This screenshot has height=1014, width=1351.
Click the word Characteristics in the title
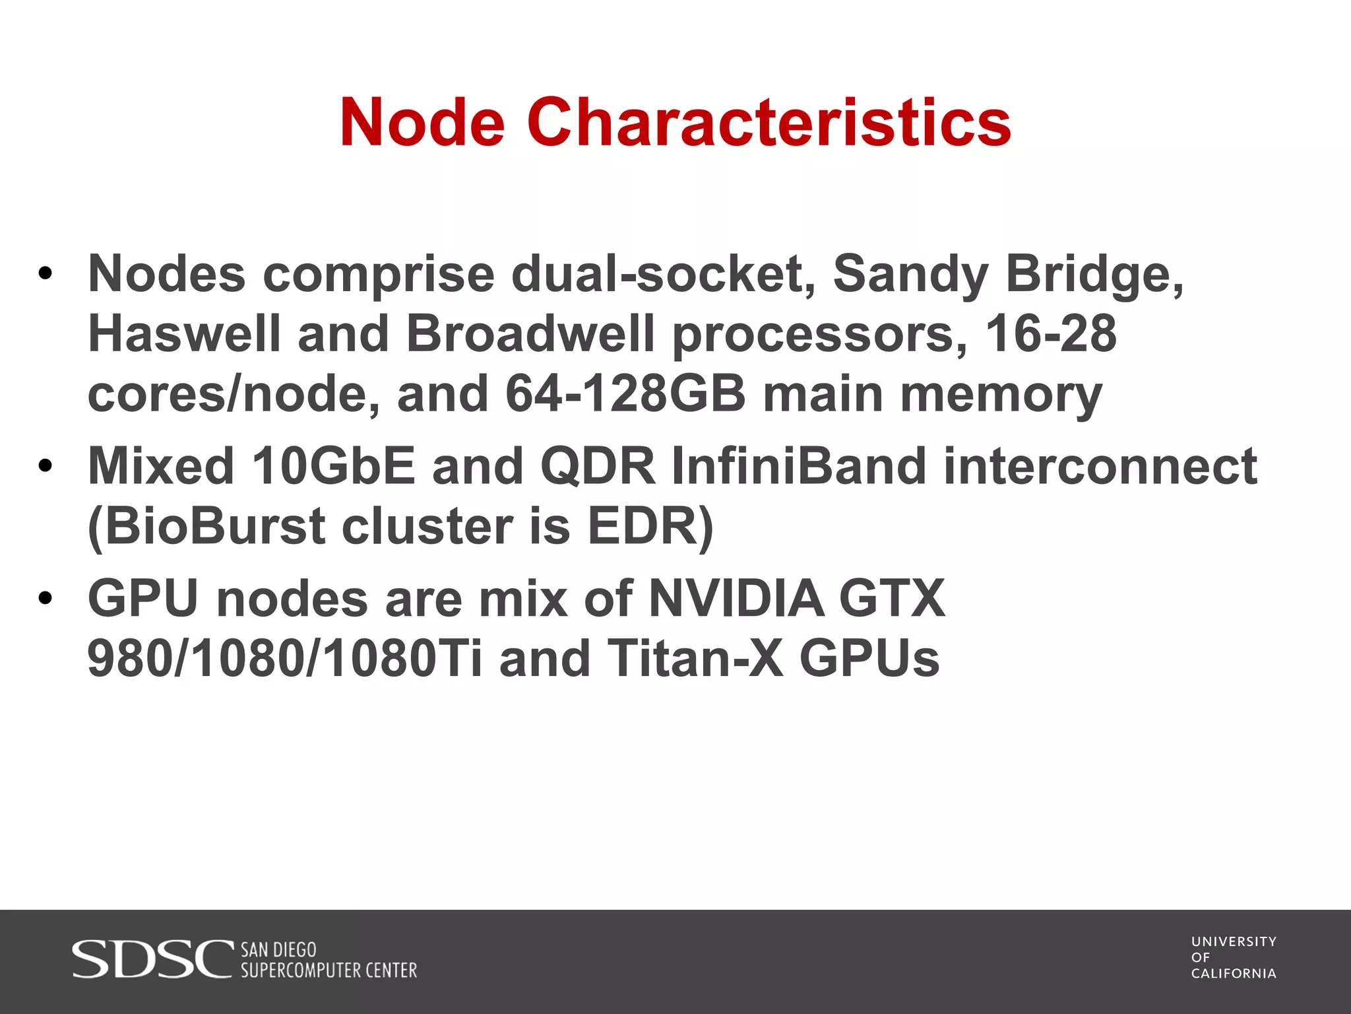coord(769,123)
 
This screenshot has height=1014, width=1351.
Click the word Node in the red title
coord(423,123)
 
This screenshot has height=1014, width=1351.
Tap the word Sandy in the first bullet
coord(910,273)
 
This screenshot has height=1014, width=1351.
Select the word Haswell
coord(185,333)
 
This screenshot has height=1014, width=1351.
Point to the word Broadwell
coord(530,333)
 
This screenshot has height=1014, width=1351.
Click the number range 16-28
coord(1051,333)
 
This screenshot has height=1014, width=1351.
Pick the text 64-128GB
coord(625,394)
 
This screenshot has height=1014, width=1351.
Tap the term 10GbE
coord(333,466)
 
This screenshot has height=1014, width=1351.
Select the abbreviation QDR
coord(598,466)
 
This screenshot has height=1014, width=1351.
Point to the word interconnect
coord(1100,466)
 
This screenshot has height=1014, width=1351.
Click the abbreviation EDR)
coord(650,527)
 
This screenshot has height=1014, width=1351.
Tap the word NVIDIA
coord(736,599)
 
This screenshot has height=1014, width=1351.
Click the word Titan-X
coord(695,659)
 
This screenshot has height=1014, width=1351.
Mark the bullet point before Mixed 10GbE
coord(45,466)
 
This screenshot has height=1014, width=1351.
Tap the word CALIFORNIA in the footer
coord(1234,974)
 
